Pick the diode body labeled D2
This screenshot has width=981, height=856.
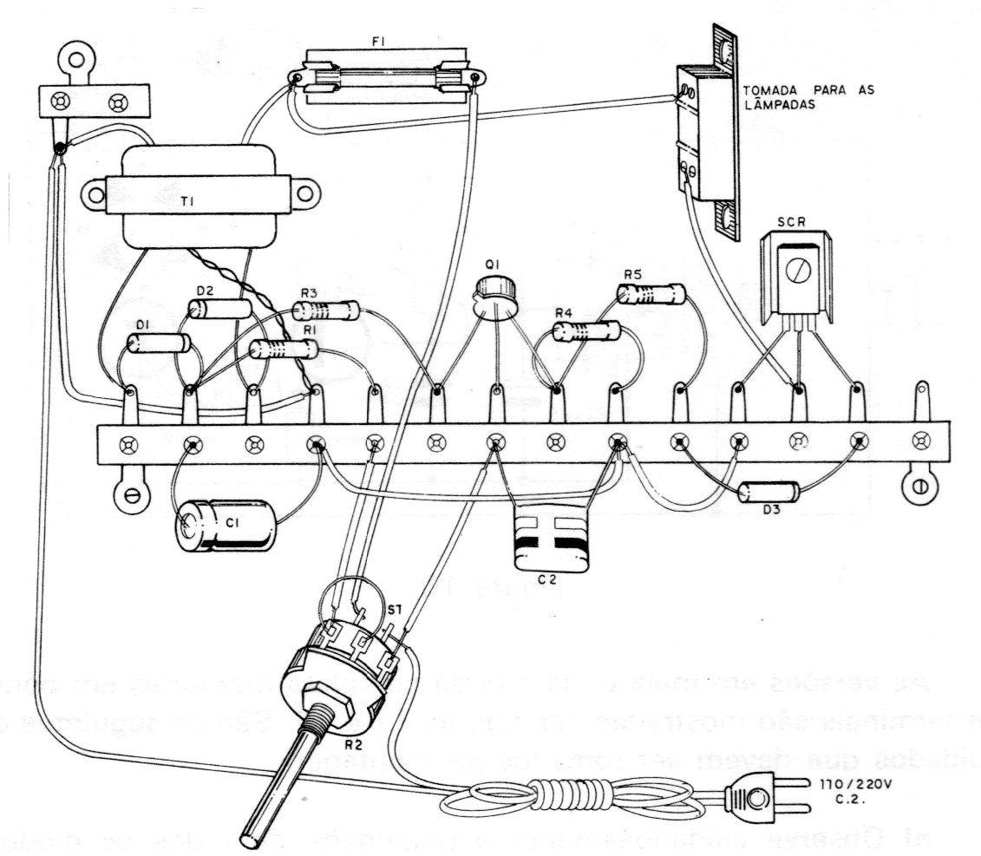click(220, 309)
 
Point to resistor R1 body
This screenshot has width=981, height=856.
click(283, 350)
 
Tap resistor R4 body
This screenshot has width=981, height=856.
click(586, 330)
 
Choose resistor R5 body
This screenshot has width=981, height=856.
click(651, 294)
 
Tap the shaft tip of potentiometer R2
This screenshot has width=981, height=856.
click(251, 839)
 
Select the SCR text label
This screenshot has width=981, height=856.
click(790, 222)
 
